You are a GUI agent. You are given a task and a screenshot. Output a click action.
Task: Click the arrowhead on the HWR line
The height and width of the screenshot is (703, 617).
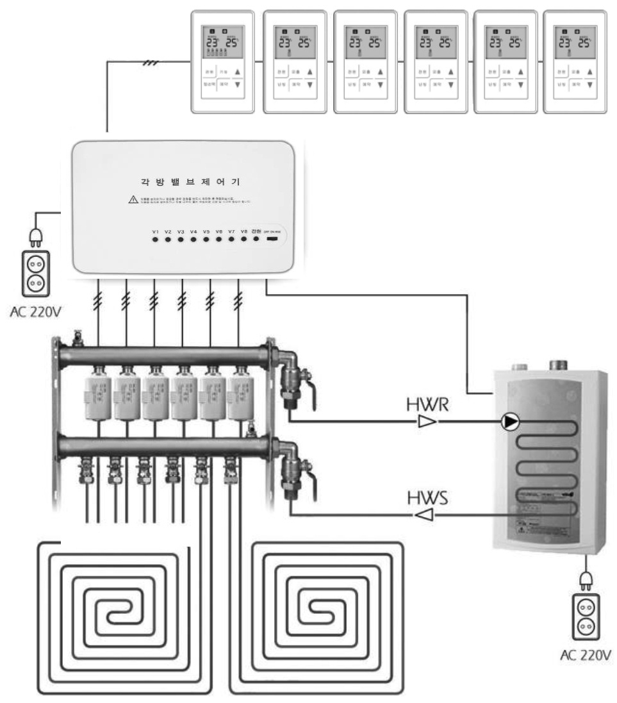(426, 422)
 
